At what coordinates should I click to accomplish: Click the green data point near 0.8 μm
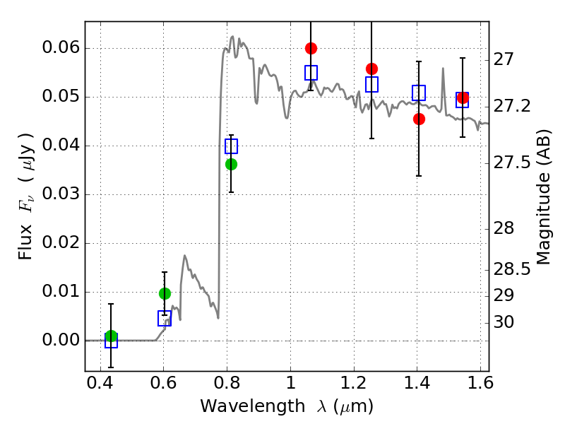click(231, 164)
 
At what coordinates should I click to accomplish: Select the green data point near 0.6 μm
click(165, 293)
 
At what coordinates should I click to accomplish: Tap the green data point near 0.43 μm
click(111, 336)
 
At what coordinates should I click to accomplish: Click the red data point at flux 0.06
click(311, 48)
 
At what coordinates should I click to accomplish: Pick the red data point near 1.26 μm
click(372, 69)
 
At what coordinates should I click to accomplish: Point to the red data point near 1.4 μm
click(419, 119)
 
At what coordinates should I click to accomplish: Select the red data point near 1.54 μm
click(463, 98)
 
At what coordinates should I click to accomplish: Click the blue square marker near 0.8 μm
click(231, 146)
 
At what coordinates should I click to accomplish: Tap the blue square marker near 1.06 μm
click(311, 73)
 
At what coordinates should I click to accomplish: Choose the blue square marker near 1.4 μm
click(419, 93)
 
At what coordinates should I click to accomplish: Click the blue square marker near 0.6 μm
click(165, 319)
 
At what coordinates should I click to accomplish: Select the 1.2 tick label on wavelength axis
click(354, 385)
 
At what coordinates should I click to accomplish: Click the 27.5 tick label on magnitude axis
click(511, 163)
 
